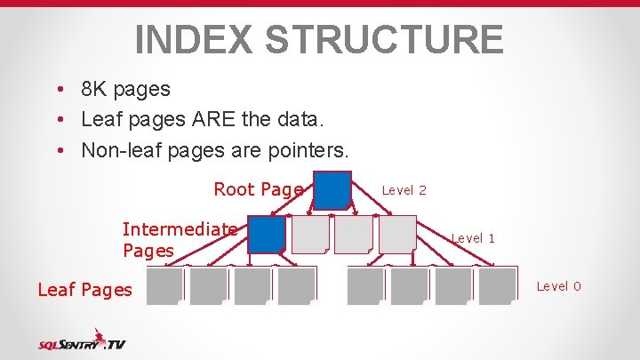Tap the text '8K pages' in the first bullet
pos(125,89)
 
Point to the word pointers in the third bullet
pos(308,149)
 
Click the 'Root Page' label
pos(259,189)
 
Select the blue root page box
pos(333,189)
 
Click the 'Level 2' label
pos(404,190)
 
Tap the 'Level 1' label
pos(473,238)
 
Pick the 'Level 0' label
pos(559,285)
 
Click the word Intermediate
pos(180,228)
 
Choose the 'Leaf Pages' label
pos(84,289)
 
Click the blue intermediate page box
pos(266,235)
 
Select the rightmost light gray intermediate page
pos(397,235)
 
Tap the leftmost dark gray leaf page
pos(164,286)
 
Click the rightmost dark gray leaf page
pos(497,286)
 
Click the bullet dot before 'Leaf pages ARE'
pos(57,120)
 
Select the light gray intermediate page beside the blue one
pos(310,235)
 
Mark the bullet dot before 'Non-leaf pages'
pos(57,150)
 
